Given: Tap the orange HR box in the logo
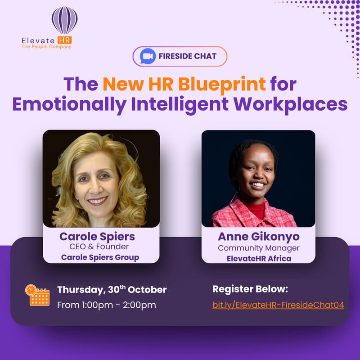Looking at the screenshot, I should pyautogui.click(x=64, y=40).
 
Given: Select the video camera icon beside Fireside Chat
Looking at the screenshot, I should pyautogui.click(x=146, y=57).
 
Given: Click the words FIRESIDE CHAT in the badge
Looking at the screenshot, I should pyautogui.click(x=188, y=57).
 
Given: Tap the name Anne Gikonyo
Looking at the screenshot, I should pyautogui.click(x=258, y=237).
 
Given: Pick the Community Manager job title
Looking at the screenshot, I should pyautogui.click(x=258, y=248).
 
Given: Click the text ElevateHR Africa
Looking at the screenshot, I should pyautogui.click(x=258, y=258).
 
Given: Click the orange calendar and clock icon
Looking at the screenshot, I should pyautogui.click(x=37, y=295).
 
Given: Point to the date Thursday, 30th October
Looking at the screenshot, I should pyautogui.click(x=112, y=290).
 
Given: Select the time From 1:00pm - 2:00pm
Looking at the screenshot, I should pyautogui.click(x=106, y=305).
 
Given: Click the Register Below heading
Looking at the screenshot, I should pyautogui.click(x=250, y=289).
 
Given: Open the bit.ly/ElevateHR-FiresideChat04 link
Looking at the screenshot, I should pyautogui.click(x=278, y=305).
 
